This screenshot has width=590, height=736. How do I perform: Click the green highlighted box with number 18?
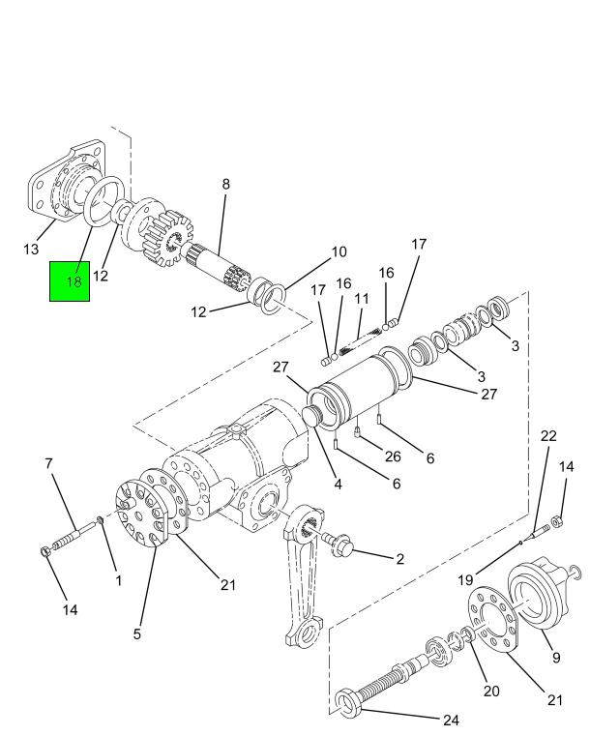(x=70, y=280)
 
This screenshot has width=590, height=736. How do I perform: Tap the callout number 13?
(x=30, y=250)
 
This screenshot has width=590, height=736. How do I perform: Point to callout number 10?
(x=339, y=252)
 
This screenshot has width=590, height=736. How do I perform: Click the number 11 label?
(x=362, y=300)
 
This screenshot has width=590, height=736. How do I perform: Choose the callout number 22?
(x=548, y=436)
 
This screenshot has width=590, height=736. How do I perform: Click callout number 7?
(x=48, y=464)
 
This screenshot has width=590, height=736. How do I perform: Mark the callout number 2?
(x=398, y=558)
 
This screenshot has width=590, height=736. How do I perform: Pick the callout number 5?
(x=137, y=633)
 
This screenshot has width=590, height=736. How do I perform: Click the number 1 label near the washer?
(x=118, y=580)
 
